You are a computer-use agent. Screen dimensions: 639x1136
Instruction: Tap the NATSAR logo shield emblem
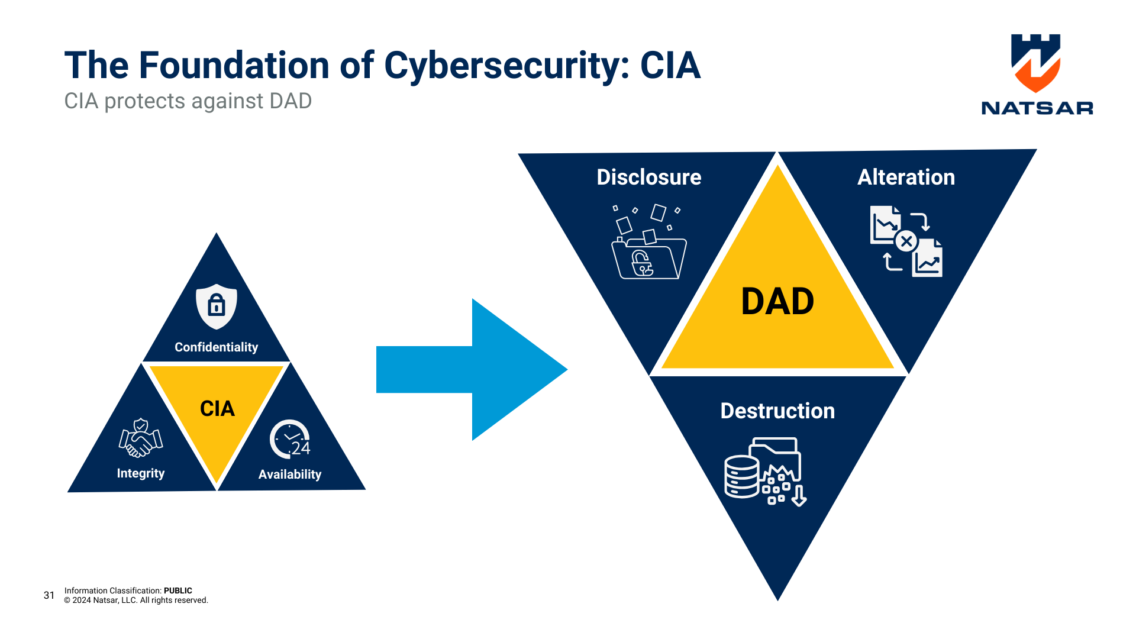coord(1035,63)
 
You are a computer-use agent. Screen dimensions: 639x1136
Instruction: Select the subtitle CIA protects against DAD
coord(188,101)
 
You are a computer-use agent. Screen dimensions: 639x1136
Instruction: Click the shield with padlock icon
coord(217,306)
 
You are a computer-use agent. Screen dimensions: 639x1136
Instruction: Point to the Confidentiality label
coord(216,347)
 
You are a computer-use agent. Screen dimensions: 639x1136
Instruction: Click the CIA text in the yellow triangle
coord(217,408)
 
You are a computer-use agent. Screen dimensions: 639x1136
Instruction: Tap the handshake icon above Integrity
coord(140,438)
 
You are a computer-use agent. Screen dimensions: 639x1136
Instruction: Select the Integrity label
coord(140,473)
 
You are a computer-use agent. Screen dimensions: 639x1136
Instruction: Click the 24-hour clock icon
coord(289,440)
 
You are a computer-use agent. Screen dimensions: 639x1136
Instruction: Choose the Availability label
coord(289,475)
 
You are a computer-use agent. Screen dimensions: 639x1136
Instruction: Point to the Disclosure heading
coord(648,177)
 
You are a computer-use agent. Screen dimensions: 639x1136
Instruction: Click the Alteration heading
coord(906,177)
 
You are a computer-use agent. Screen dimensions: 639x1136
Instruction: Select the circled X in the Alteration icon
coord(906,241)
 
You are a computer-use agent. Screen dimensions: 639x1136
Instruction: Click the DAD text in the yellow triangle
coord(777,302)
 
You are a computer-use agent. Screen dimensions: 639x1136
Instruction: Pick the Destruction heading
coord(777,411)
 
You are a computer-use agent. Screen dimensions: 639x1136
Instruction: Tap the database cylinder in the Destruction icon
coord(741,477)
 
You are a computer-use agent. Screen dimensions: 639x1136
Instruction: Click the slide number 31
coord(49,595)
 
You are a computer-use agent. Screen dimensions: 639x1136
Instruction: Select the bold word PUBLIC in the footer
coord(177,590)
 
